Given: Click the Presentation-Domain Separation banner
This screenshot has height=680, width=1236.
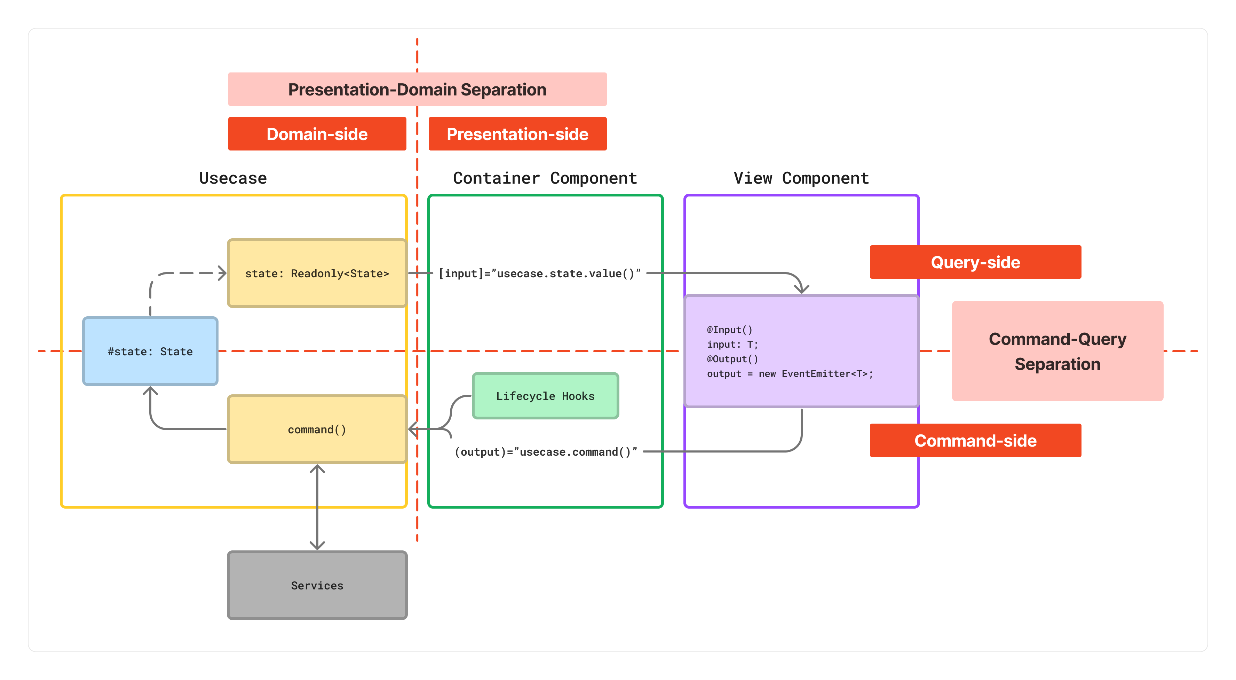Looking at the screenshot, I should (417, 89).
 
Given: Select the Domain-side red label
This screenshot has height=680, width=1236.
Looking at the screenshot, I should (317, 134).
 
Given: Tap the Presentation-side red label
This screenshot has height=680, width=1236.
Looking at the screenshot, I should (517, 134).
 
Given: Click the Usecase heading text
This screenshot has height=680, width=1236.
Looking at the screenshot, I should (233, 178).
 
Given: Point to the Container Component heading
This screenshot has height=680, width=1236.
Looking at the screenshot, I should (545, 178).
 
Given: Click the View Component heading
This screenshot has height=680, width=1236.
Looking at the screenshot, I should (801, 178).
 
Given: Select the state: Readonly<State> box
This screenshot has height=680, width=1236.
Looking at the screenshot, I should (317, 273).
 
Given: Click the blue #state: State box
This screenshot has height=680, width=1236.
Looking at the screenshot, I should (150, 351).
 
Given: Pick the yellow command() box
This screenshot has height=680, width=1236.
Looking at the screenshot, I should (317, 429).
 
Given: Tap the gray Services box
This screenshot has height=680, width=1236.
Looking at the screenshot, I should (317, 585).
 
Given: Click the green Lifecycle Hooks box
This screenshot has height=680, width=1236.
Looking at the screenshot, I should (545, 396).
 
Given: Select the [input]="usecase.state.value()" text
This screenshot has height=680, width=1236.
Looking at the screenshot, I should (539, 273).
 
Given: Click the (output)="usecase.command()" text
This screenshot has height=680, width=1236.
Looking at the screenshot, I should (546, 452).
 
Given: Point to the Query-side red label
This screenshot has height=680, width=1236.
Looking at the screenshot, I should (975, 262).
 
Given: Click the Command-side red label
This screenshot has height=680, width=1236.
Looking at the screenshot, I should (975, 440).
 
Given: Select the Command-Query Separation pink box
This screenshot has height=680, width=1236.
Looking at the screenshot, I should (1057, 351).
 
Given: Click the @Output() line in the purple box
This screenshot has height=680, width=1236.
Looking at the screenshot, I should (732, 359).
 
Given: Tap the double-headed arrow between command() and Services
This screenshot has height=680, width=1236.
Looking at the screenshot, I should (317, 507).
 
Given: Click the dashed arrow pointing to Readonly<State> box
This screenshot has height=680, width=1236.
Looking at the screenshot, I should (187, 273).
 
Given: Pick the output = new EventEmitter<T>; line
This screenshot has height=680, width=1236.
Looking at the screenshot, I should (790, 373).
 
